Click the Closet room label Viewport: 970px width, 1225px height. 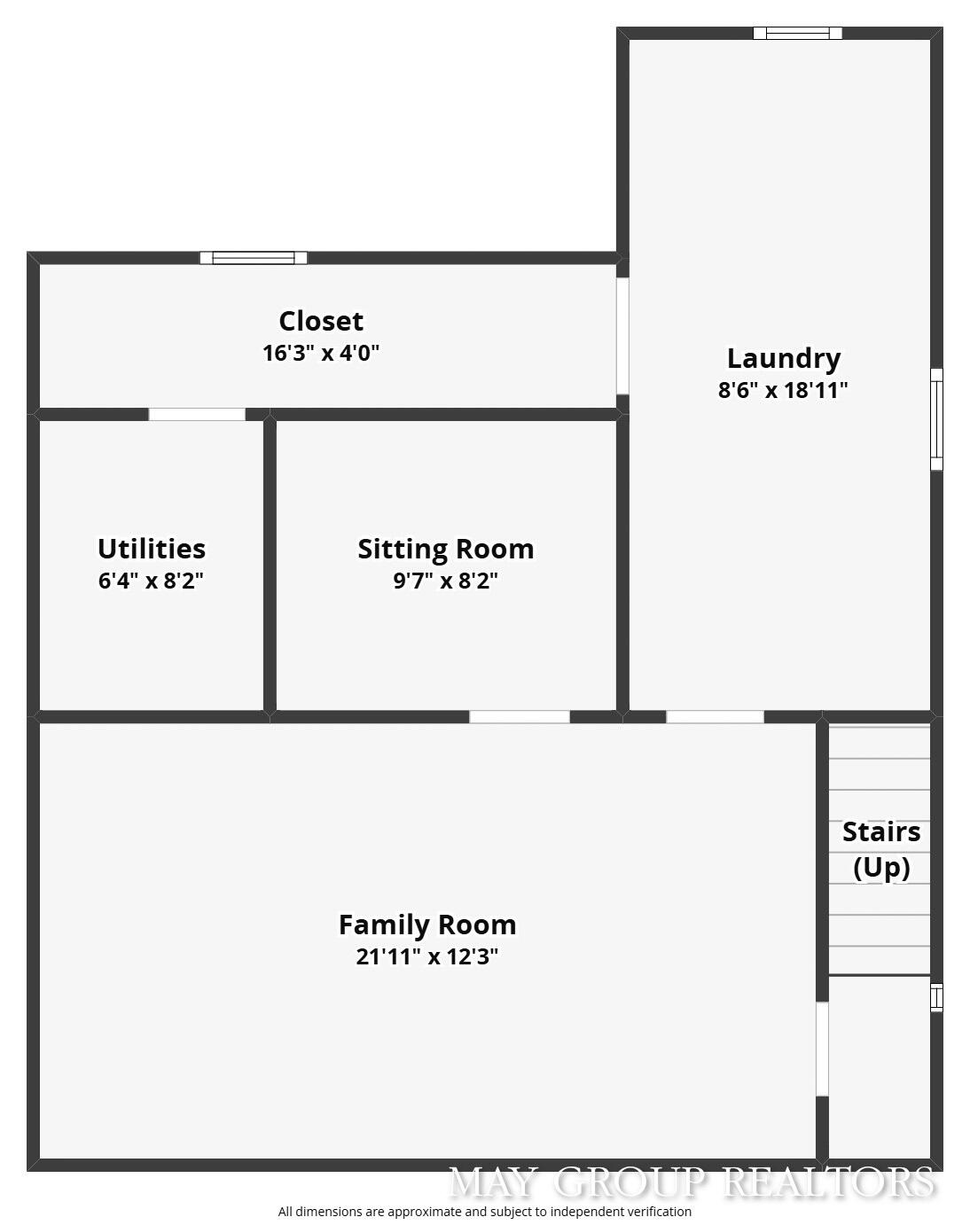tap(321, 321)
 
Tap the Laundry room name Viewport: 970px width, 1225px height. tap(784, 358)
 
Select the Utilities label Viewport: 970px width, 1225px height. tap(152, 549)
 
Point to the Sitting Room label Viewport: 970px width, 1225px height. tap(446, 549)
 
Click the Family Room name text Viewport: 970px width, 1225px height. tap(427, 925)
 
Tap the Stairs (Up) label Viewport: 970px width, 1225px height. tap(880, 849)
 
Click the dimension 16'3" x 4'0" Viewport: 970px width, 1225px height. tap(321, 353)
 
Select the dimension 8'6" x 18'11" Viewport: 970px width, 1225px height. tap(784, 390)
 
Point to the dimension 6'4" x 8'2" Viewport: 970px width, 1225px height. tap(152, 581)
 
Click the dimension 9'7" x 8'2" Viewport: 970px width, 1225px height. tap(446, 581)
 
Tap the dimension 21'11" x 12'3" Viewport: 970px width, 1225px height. tap(427, 956)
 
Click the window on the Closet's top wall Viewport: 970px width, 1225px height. tap(254, 258)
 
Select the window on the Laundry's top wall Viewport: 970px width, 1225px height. tap(797, 34)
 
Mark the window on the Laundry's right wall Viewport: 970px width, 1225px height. tap(936, 419)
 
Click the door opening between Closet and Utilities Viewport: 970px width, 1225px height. tap(197, 414)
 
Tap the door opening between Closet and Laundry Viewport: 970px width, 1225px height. tap(622, 336)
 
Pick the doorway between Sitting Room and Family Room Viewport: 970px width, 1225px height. tap(520, 716)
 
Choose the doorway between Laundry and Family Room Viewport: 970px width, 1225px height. tap(715, 716)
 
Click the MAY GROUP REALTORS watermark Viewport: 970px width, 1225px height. tap(692, 1182)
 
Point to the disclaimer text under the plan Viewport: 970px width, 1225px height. tap(485, 1212)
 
